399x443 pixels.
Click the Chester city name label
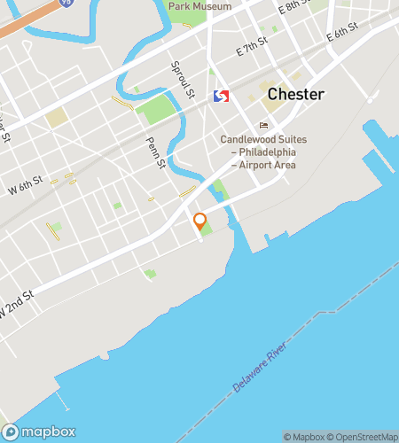click(x=296, y=95)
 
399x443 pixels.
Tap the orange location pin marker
click(x=200, y=221)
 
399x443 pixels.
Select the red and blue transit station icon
click(x=222, y=96)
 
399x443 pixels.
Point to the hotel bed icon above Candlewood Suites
click(x=262, y=125)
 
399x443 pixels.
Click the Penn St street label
click(x=155, y=152)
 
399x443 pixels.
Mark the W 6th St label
click(x=26, y=187)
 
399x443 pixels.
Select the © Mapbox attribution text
click(x=304, y=436)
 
